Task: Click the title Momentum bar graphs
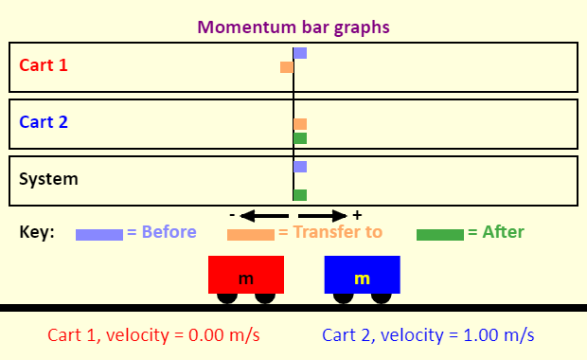[293, 26]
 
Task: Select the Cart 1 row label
[44, 66]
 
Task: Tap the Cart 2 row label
[44, 122]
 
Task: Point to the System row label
[48, 178]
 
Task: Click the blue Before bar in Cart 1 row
[300, 53]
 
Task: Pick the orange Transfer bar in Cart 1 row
[287, 67]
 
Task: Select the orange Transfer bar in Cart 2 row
[300, 124]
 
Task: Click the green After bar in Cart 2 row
[300, 138]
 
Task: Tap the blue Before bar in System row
[300, 167]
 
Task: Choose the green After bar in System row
[300, 195]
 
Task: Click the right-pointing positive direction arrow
[325, 215]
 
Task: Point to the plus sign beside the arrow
[357, 215]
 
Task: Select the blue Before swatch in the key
[99, 234]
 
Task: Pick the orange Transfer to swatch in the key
[251, 234]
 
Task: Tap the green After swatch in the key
[440, 234]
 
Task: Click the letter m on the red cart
[246, 279]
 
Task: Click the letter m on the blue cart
[362, 279]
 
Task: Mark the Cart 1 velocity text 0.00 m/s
[153, 335]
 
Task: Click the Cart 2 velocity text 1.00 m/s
[428, 335]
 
